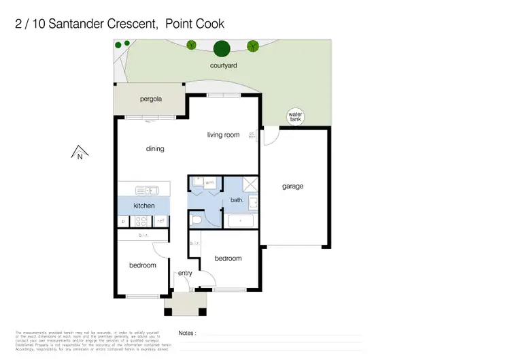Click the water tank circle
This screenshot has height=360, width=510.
coord(295,117)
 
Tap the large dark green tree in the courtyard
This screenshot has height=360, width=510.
coord(221,48)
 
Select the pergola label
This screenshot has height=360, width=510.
coord(151,99)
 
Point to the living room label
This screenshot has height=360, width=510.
coord(223,135)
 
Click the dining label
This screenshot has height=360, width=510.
coord(155,148)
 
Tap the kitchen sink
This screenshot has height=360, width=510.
coord(146,191)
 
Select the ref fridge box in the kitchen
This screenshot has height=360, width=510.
coord(161,220)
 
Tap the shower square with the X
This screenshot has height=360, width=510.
coord(250,183)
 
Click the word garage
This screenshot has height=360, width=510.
coord(293,186)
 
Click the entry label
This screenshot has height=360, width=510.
coord(185,274)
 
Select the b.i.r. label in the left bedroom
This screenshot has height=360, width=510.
coord(143,235)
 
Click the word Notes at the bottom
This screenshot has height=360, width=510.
coord(187,333)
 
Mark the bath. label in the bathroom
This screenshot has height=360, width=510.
coord(237,201)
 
